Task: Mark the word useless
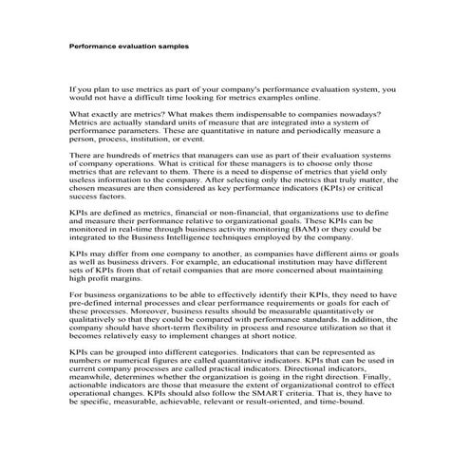(86, 179)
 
